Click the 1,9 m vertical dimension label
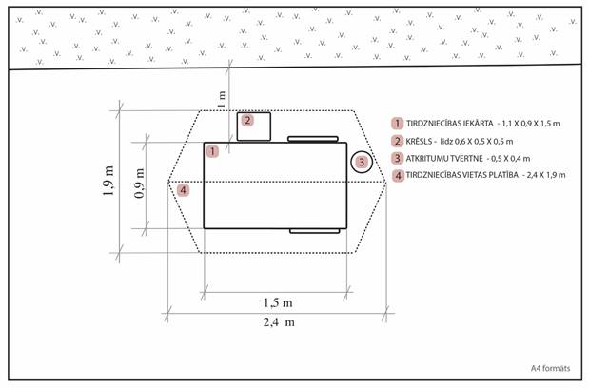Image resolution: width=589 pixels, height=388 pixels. (x=108, y=181)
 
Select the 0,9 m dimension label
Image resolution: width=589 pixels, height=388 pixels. (x=139, y=184)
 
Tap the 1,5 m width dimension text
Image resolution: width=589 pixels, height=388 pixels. (x=278, y=302)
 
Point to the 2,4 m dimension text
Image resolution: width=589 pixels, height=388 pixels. (x=279, y=322)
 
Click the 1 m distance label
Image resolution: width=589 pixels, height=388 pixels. (x=222, y=99)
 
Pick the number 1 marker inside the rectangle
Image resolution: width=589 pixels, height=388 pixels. (x=212, y=151)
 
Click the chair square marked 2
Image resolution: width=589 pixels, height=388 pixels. (x=254, y=126)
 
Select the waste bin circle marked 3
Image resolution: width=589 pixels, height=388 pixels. (x=362, y=162)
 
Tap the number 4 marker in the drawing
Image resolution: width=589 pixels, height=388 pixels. (x=184, y=190)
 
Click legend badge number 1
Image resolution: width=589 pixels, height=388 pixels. (x=398, y=124)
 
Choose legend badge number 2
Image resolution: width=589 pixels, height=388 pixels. (x=398, y=142)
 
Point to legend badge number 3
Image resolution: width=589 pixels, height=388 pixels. (x=398, y=159)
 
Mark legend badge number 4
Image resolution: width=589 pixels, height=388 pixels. (x=398, y=175)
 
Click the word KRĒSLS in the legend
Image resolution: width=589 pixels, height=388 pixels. (x=419, y=142)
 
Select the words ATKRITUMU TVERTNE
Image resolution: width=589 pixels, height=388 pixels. (x=444, y=159)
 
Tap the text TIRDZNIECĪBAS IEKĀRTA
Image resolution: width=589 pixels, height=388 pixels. (x=450, y=123)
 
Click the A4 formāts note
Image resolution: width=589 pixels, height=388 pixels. (x=550, y=368)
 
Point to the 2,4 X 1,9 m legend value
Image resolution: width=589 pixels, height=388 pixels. (x=546, y=175)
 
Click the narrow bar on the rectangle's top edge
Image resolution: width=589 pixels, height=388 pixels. (x=313, y=139)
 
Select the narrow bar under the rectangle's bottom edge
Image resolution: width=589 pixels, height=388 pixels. (x=315, y=231)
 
